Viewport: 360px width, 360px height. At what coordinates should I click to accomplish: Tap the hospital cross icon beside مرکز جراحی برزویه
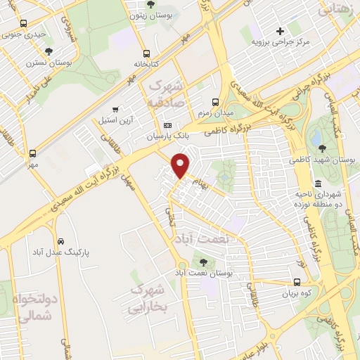pos(281,30)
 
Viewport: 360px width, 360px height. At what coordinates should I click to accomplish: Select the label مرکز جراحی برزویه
pos(281,42)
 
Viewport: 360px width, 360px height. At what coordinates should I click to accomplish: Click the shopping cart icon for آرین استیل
pos(115,110)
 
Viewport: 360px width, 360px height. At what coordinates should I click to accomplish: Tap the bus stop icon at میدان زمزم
pos(217,100)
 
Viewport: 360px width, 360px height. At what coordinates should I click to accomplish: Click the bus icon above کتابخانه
pos(146,53)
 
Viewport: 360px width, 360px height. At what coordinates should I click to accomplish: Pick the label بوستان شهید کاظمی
pos(322,160)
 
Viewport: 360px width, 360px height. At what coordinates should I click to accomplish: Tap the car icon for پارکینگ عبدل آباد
pos(62,240)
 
